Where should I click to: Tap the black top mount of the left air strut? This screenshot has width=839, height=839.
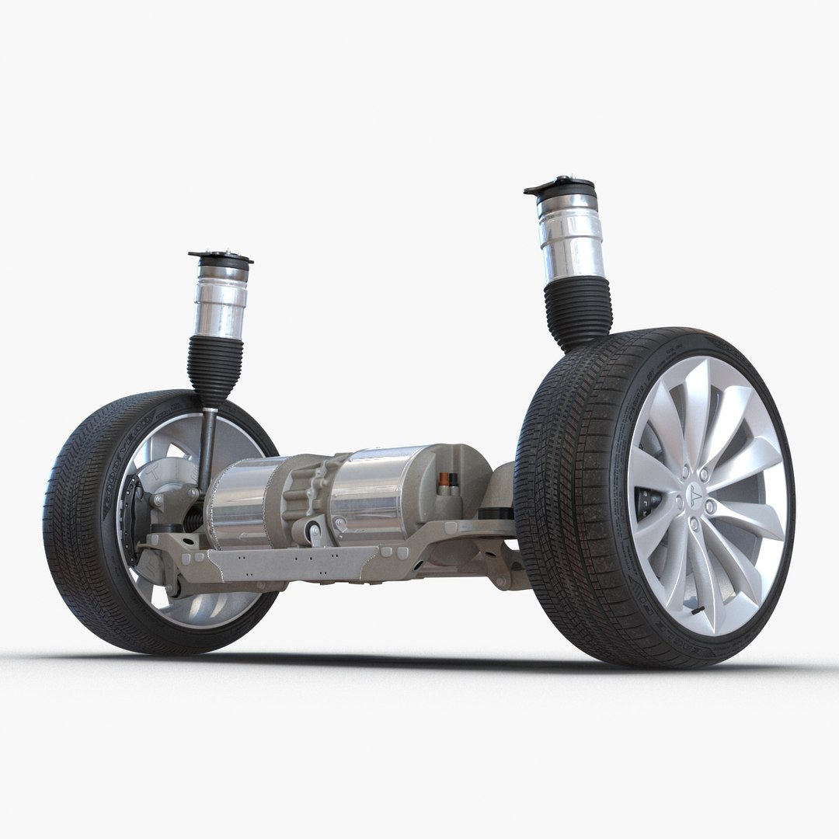[220, 257]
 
